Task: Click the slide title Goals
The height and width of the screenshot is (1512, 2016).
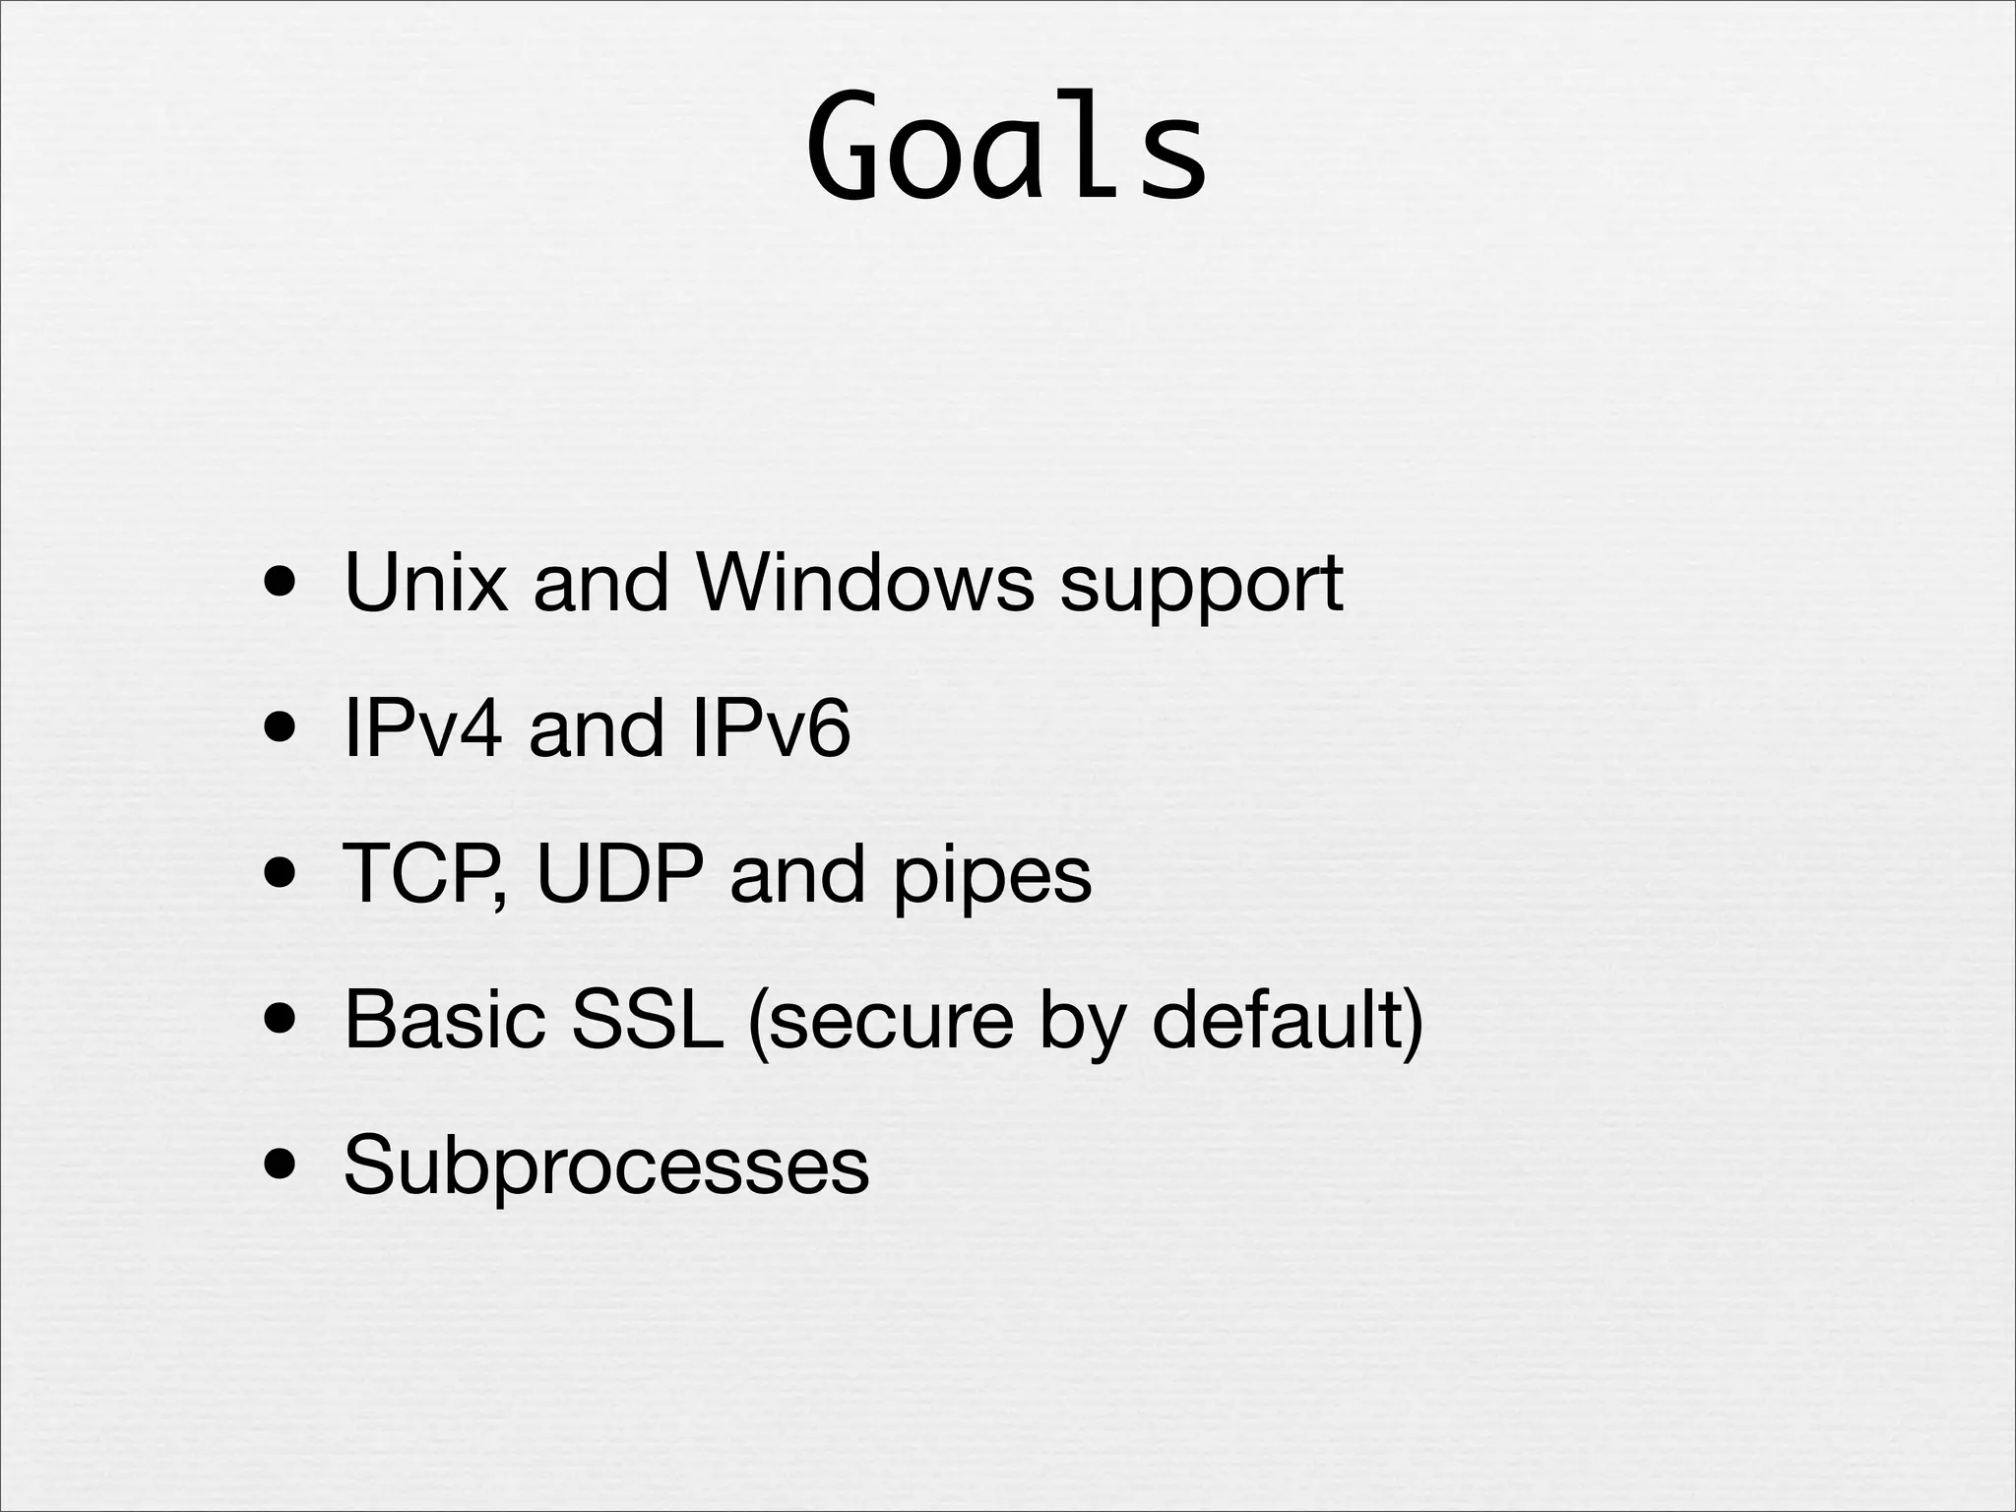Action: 1006,148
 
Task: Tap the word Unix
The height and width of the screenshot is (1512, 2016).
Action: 425,583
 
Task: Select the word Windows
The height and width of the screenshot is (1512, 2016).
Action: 864,583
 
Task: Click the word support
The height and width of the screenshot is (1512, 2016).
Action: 1200,587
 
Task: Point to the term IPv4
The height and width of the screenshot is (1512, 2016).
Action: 422,728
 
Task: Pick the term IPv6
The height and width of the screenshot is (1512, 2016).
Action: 770,728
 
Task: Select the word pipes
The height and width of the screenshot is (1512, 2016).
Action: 991,878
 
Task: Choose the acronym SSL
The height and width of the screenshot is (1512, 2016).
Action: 646,1020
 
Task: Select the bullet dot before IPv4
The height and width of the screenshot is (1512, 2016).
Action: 283,729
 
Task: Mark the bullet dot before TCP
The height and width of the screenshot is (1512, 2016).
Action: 283,875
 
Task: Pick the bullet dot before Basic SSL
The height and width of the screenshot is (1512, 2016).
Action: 283,1021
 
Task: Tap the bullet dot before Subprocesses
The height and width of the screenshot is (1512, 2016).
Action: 283,1166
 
